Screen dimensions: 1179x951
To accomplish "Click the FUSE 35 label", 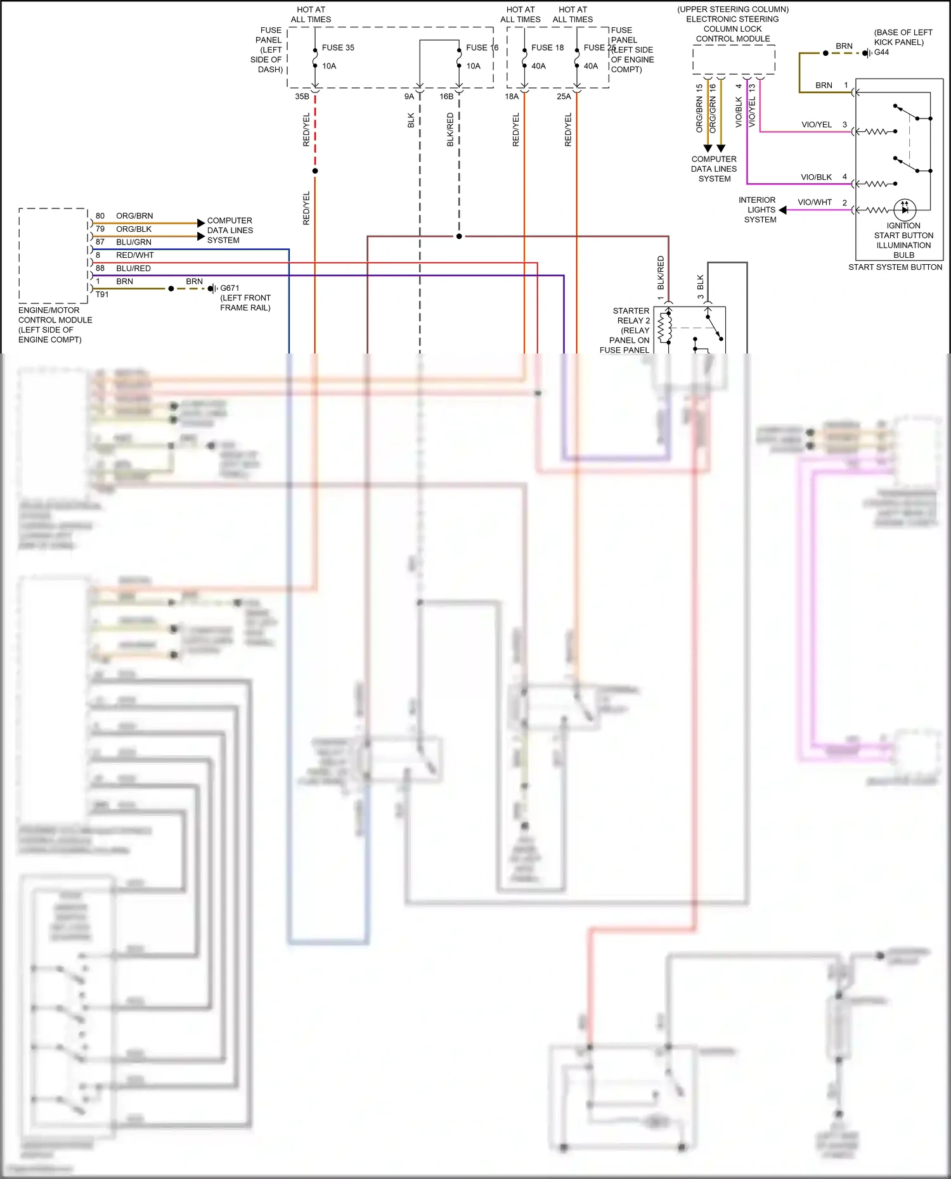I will point(338,48).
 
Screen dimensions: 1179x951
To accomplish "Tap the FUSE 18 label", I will point(547,48).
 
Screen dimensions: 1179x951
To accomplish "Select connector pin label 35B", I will point(302,96).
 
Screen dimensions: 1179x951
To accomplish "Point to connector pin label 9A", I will point(409,96).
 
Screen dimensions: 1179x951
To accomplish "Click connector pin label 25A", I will point(564,96).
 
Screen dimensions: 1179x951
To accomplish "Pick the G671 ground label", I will point(230,288).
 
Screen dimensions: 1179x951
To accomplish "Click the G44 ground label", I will point(881,53).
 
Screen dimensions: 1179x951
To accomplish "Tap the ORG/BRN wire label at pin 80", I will point(134,216).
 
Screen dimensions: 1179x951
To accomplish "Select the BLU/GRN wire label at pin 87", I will point(133,242).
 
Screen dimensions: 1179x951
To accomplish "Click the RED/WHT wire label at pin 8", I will point(134,255).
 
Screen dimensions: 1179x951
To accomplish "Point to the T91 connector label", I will point(102,295).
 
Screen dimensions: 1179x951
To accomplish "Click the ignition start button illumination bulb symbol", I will point(905,209).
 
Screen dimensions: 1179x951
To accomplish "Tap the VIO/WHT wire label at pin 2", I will point(815,202).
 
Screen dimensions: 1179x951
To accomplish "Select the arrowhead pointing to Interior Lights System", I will point(783,210).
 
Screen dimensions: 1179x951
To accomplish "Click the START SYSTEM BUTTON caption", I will point(895,267).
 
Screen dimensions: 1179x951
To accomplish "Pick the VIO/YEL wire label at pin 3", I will point(817,125).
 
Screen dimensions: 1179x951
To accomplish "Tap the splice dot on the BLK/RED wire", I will point(459,236).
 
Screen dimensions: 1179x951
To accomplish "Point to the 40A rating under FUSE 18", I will point(538,66).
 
